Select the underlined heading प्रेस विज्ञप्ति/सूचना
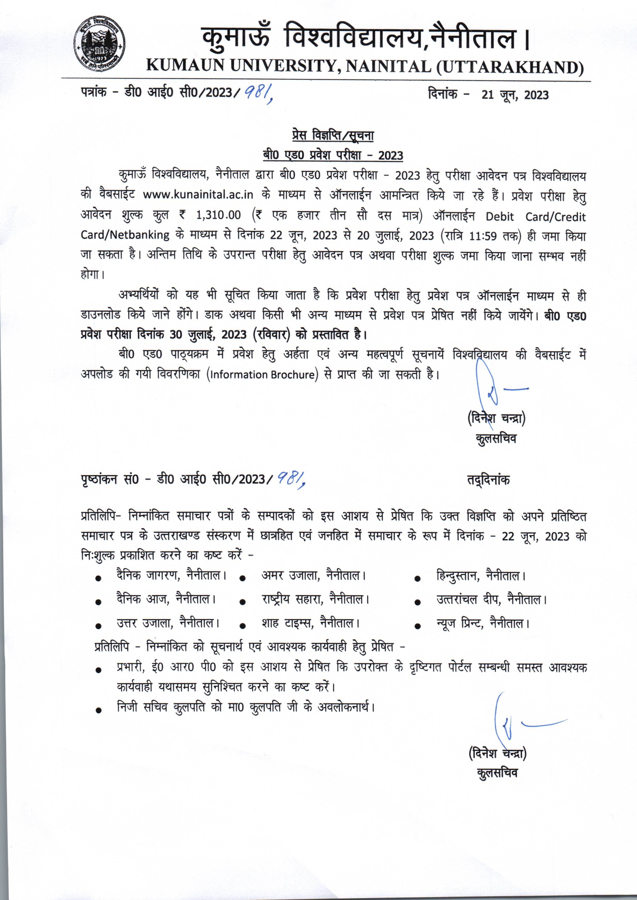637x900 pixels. pos(333,136)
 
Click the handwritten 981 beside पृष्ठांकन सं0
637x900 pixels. pos(291,479)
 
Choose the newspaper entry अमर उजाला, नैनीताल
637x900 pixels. pos(313,576)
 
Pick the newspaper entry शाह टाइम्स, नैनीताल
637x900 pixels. pos(310,623)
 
